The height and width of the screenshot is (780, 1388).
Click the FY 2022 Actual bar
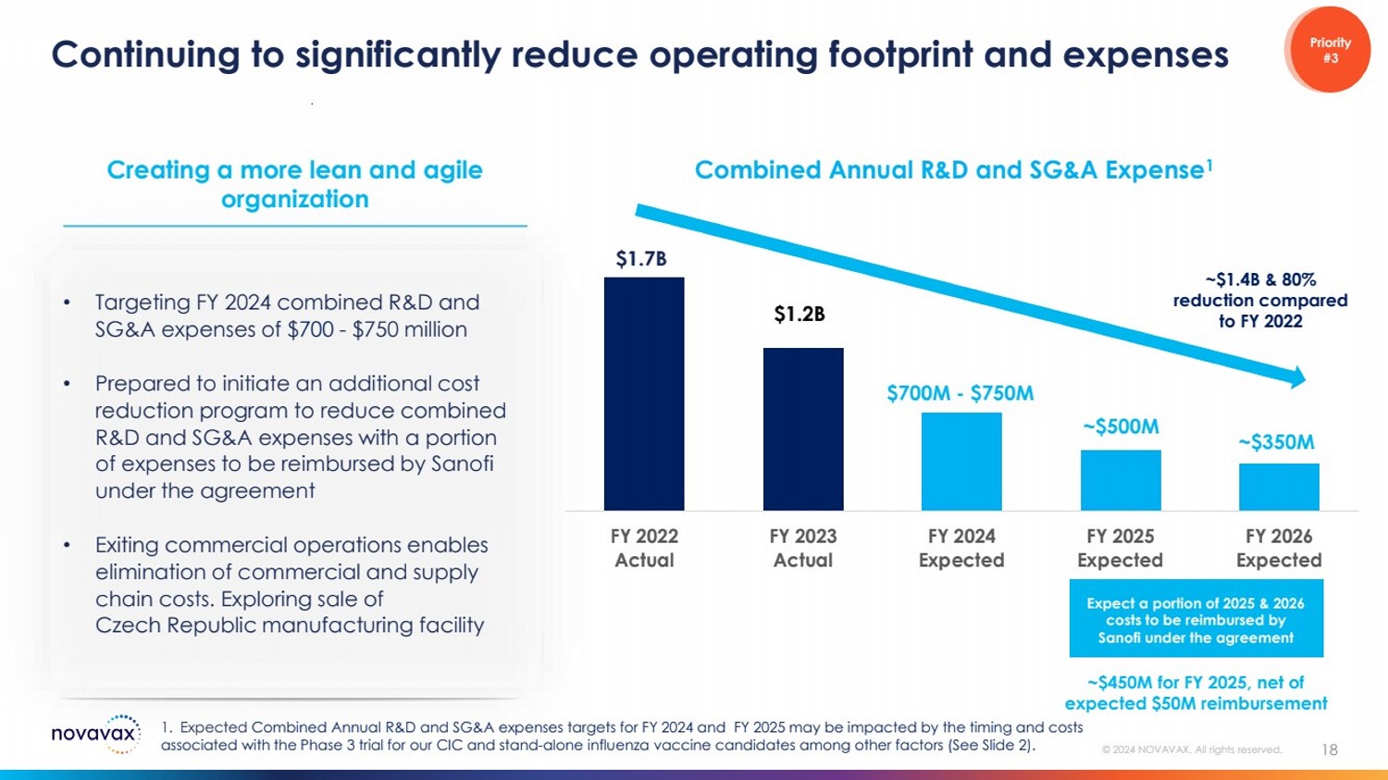point(644,393)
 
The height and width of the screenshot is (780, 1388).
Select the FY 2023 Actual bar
point(803,428)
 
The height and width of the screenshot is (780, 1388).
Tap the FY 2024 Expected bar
point(961,461)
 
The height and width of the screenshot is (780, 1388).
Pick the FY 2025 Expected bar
point(1121,479)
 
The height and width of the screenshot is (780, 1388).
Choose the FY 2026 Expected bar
point(1279,487)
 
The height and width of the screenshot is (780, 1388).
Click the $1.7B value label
point(641,259)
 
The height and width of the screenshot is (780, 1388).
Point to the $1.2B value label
point(799,315)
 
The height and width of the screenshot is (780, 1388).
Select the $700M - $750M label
point(960,393)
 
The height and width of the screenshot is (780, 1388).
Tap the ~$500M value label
point(1121,427)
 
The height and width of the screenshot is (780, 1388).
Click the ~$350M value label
point(1276,442)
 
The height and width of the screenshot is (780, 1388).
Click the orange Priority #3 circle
point(1329,50)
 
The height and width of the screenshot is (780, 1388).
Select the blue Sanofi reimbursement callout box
point(1196,619)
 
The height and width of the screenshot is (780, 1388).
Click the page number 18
point(1330,749)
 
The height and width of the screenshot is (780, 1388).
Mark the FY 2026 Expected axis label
point(1279,548)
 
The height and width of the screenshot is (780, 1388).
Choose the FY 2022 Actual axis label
point(644,548)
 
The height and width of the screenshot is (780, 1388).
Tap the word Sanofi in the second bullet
point(462,464)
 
